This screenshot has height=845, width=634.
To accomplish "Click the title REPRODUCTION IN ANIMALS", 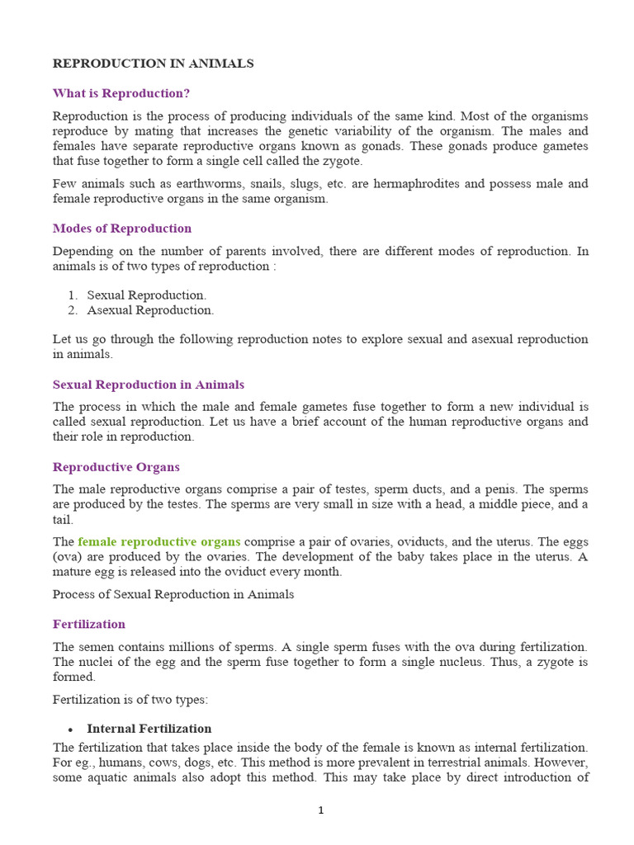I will tap(153, 64).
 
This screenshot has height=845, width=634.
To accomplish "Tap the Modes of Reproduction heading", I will tap(122, 229).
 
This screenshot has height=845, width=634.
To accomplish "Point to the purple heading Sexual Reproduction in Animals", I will tap(149, 385).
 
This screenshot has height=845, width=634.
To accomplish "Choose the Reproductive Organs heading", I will tap(116, 467).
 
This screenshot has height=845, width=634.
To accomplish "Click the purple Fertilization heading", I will tap(89, 624).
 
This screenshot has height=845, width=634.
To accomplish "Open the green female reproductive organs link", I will tap(159, 542).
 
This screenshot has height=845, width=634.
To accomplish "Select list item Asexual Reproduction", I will tap(150, 310).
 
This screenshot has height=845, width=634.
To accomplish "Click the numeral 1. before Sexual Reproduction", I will tap(73, 295).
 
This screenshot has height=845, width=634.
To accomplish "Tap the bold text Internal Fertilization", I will tap(149, 729).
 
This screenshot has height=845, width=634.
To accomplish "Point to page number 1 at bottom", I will tap(321, 810).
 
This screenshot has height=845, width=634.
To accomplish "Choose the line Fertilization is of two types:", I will tap(130, 700).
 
